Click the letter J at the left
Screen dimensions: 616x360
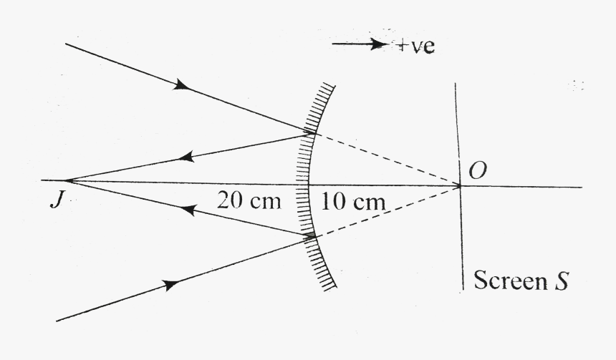[55, 200]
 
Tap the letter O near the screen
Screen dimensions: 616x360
[475, 170]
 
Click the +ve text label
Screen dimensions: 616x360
[417, 48]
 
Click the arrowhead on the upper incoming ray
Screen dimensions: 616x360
[183, 85]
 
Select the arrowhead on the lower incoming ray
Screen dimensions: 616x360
[170, 286]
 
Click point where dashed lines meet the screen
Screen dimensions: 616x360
[459, 186]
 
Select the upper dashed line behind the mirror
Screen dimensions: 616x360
[387, 160]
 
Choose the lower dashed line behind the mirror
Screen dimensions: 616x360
[387, 211]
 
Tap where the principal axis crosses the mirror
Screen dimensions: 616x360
[305, 184]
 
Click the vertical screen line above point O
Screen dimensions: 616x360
[457, 129]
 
